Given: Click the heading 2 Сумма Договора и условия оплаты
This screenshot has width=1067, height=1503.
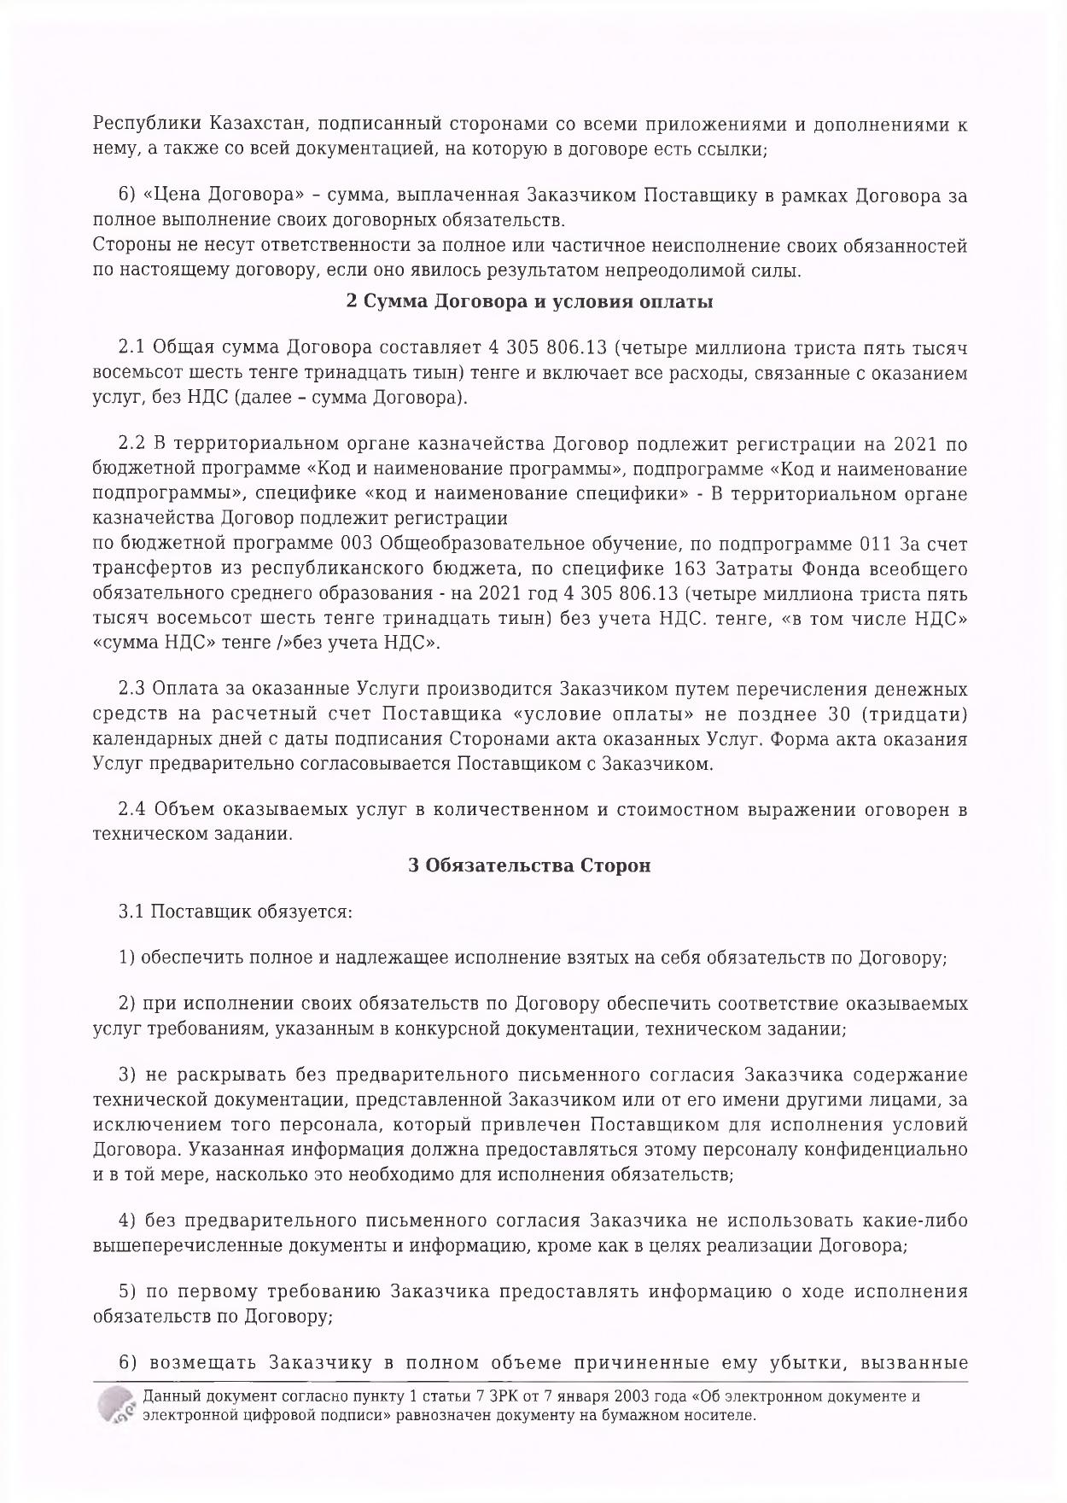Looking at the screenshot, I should [x=529, y=301].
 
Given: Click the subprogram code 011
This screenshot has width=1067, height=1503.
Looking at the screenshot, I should [x=873, y=544].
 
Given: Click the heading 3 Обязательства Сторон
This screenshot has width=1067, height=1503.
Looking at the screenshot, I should [x=529, y=865].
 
